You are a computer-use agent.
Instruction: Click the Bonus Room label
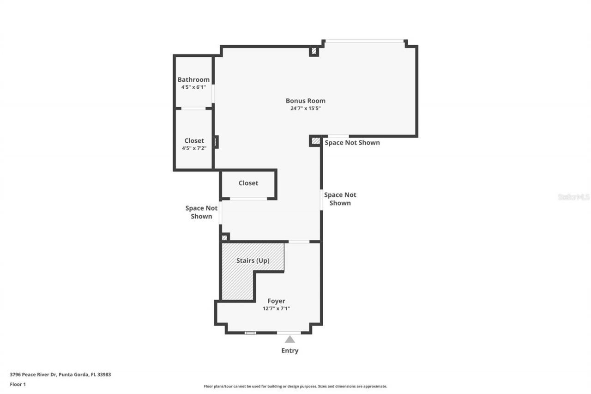305,101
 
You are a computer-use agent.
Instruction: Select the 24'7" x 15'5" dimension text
305,109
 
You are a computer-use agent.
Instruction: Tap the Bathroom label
193,79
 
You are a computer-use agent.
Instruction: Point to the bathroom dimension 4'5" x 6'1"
193,87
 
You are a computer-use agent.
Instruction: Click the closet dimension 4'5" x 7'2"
193,148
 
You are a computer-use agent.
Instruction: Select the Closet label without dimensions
248,183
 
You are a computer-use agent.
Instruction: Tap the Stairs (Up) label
253,261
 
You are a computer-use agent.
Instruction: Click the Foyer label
276,301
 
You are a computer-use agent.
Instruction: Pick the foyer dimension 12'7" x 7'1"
276,309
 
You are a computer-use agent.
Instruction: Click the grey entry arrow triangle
289,339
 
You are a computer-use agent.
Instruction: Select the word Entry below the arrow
289,351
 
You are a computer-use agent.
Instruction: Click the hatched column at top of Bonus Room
314,51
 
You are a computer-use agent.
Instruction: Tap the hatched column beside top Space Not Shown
315,141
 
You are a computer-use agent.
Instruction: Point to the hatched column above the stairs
224,237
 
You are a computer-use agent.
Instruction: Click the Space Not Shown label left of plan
201,212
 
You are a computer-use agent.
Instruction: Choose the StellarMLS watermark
573,197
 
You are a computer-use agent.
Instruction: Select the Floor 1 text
18,384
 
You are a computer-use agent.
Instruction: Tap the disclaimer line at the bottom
295,386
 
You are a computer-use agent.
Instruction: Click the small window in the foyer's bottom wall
250,333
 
